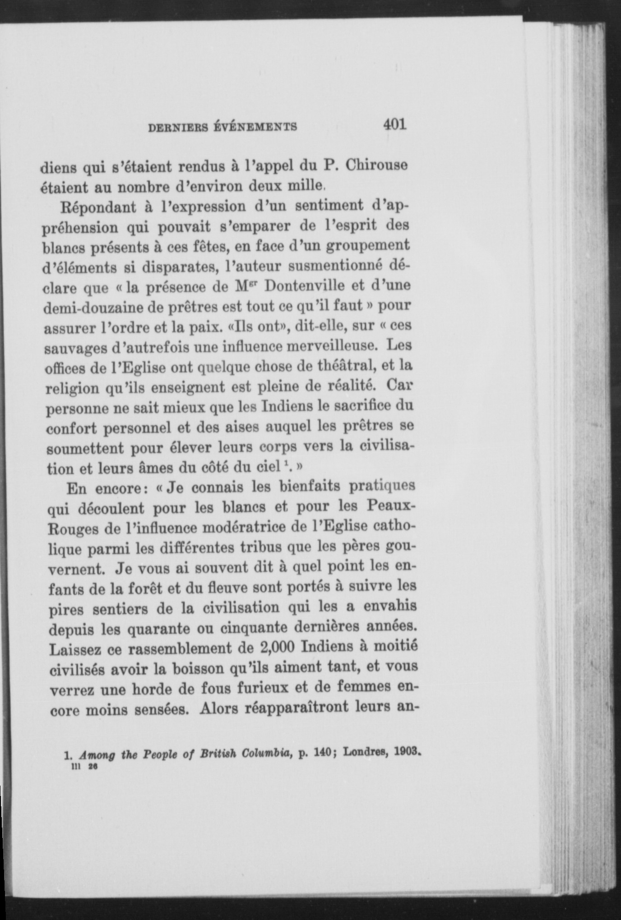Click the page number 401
pos(395,124)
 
